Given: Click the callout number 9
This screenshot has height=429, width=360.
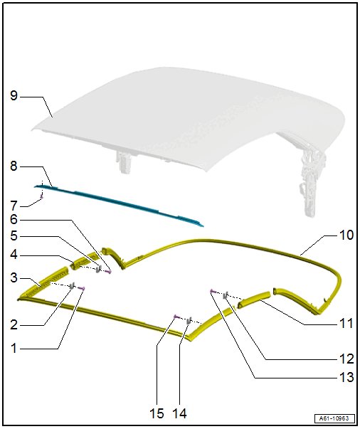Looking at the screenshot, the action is (14, 95).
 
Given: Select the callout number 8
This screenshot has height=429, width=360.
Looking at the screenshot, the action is (14, 166).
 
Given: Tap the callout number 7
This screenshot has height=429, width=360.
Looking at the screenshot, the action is (14, 206).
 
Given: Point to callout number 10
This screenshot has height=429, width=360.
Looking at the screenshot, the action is (346, 235).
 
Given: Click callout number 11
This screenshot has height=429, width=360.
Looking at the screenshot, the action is (346, 324).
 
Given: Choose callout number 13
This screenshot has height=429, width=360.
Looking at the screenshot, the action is (346, 377).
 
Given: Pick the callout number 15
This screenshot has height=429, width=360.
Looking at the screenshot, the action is (157, 413).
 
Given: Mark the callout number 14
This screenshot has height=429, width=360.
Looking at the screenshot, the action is (180, 413).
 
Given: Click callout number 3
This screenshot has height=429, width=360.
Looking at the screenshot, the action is (14, 277).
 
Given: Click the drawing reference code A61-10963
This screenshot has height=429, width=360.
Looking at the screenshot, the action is (334, 418).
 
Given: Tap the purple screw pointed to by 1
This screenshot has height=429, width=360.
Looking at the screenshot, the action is (82, 288).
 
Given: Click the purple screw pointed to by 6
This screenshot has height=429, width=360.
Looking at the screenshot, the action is (109, 271).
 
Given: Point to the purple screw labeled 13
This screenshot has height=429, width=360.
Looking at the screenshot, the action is (213, 292).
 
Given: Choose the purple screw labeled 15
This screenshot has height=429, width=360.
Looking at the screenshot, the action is (177, 317).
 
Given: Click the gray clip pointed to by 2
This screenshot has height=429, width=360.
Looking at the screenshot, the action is (72, 286).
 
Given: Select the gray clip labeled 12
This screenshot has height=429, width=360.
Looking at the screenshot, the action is (226, 295).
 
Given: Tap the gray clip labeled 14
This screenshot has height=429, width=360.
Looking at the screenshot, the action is (189, 321).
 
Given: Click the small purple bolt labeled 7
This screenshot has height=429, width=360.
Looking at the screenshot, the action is (41, 196).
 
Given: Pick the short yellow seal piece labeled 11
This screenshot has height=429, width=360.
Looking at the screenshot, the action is (255, 299).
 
